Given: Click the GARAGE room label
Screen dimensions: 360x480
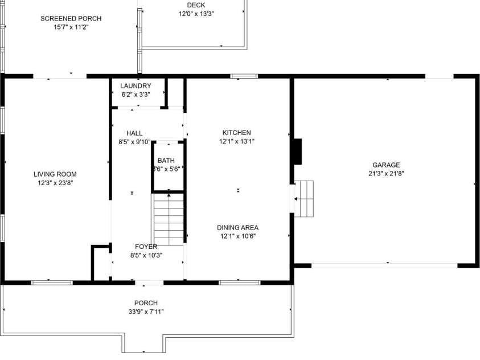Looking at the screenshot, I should click(x=387, y=165).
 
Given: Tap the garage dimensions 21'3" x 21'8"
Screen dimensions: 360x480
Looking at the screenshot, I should click(x=387, y=174).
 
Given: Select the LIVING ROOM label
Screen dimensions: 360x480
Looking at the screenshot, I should click(x=55, y=174).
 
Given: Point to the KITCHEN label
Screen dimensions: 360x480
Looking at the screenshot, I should click(x=236, y=133).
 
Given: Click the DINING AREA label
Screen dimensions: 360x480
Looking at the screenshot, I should click(x=237, y=228).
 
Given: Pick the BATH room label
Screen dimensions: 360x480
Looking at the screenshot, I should click(x=166, y=161).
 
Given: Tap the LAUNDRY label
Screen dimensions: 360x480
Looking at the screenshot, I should click(x=136, y=86).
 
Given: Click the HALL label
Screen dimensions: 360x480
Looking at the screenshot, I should click(x=134, y=133).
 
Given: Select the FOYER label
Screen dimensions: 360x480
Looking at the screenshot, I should click(x=146, y=247).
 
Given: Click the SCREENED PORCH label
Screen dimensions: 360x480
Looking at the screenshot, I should click(x=71, y=18).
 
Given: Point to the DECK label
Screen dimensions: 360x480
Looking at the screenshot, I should click(x=196, y=5).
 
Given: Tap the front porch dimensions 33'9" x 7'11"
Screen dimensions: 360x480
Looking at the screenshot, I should click(x=146, y=312).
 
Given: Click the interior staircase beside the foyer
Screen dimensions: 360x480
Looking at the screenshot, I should click(x=169, y=219).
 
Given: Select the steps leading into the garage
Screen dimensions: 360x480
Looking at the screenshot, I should click(x=304, y=198).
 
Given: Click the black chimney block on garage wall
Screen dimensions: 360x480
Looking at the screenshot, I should click(x=297, y=152).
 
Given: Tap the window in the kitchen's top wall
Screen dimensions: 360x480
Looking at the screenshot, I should click(x=244, y=76).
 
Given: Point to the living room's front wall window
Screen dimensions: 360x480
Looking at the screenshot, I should click(x=51, y=282).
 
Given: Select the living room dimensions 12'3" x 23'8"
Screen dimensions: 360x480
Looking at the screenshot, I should click(x=55, y=183).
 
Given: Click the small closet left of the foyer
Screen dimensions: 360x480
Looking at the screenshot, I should click(x=101, y=263).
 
